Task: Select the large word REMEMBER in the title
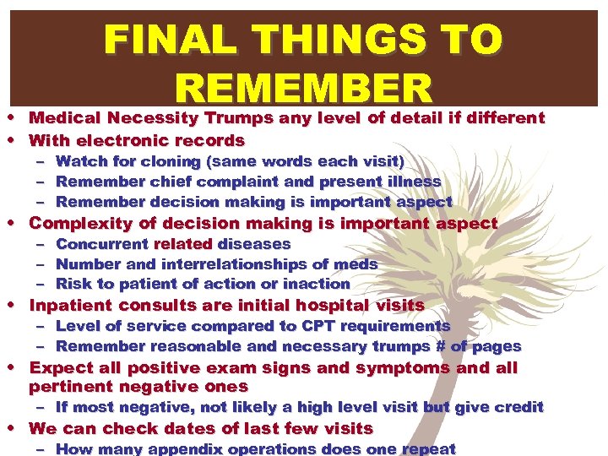[304, 89]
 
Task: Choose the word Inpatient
[68, 306]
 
